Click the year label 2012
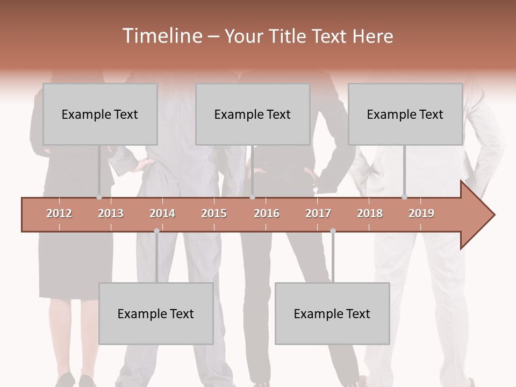(x=59, y=213)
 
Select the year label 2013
(x=111, y=213)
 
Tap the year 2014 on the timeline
(x=162, y=213)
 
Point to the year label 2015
(x=214, y=213)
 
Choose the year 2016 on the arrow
(x=267, y=213)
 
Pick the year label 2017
(x=318, y=213)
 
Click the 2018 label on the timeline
(x=370, y=213)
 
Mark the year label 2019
(x=421, y=213)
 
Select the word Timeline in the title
(x=161, y=36)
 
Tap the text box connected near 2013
(x=100, y=114)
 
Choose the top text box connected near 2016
(x=253, y=114)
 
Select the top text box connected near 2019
(x=405, y=114)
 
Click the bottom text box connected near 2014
(x=156, y=313)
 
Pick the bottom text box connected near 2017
(x=332, y=313)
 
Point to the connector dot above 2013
(x=99, y=197)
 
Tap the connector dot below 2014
(x=156, y=231)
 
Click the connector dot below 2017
(x=333, y=231)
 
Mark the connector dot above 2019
(x=404, y=197)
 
